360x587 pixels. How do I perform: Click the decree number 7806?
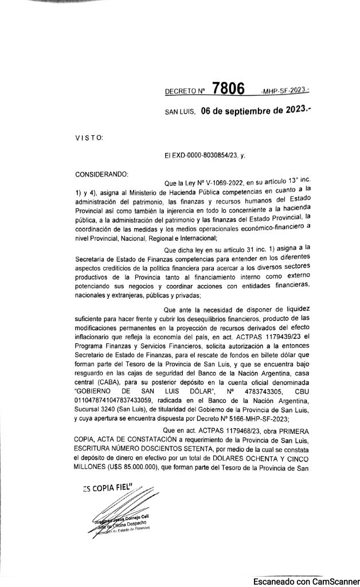click(x=228, y=89)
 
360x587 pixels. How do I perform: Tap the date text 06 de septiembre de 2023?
click(x=254, y=111)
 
